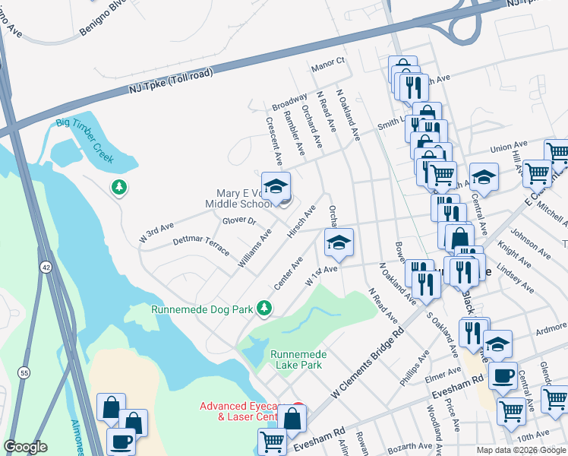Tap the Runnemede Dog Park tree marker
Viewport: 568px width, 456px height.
[x=264, y=308]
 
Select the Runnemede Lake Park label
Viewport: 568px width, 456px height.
[x=297, y=359]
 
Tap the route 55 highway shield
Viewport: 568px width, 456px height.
[x=23, y=372]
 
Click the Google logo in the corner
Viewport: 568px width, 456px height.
[x=25, y=447]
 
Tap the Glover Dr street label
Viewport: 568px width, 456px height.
[x=240, y=221]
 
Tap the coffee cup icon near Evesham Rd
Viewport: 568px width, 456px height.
[x=502, y=375]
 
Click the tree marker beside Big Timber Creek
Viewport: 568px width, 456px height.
[x=119, y=187]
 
